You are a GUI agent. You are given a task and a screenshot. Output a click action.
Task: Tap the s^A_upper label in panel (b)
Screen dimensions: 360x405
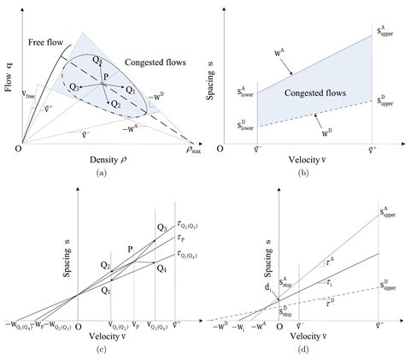click(386, 30)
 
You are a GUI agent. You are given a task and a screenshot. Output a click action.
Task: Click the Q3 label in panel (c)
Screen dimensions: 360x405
click(161, 227)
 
